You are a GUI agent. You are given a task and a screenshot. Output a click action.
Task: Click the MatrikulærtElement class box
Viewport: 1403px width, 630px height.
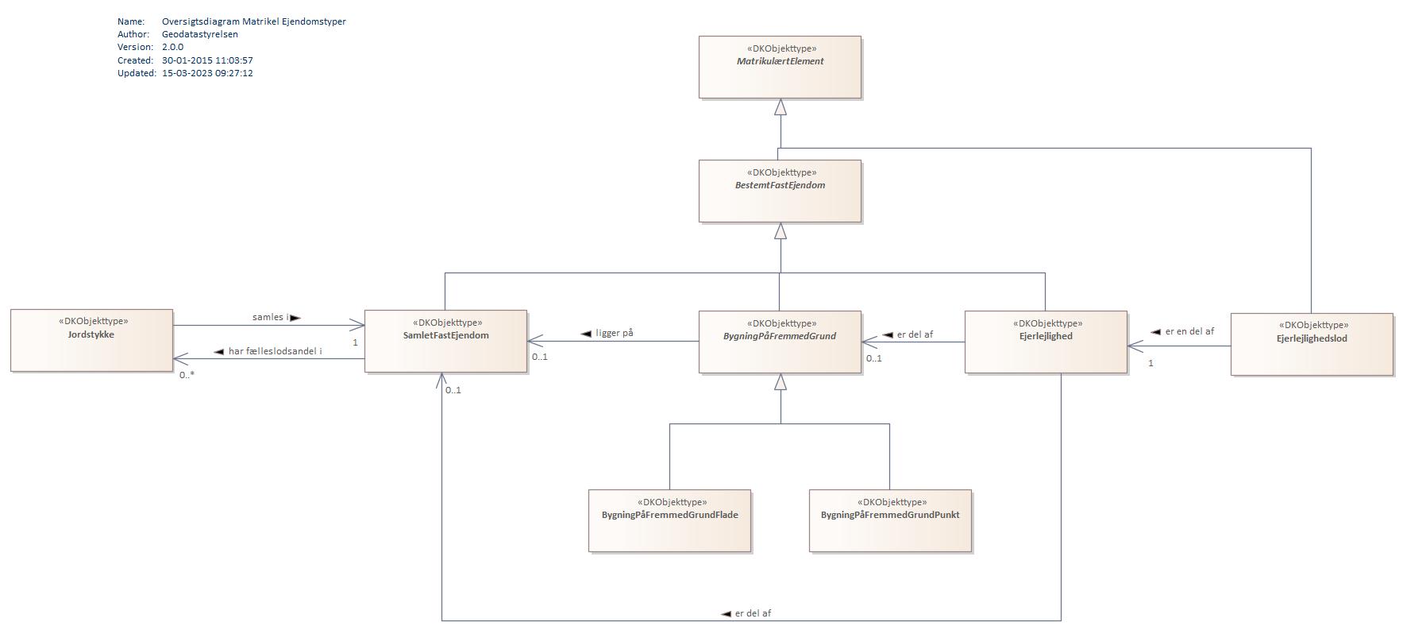click(779, 68)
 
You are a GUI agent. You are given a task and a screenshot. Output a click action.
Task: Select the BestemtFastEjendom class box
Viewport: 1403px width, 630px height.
click(779, 191)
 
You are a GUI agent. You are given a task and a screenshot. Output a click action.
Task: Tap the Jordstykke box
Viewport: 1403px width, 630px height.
click(91, 341)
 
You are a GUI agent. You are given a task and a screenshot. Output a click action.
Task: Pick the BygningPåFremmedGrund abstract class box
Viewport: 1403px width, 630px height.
click(779, 342)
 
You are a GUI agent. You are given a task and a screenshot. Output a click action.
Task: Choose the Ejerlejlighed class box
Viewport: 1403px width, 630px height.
click(1045, 342)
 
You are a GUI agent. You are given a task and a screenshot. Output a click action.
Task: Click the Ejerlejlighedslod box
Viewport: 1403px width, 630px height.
click(1311, 345)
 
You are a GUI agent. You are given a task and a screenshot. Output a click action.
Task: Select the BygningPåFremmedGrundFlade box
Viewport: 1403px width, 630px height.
click(669, 521)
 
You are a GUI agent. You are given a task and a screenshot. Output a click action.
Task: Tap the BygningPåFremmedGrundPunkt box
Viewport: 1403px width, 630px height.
click(889, 521)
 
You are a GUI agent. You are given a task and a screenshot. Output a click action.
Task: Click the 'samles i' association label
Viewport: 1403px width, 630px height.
click(271, 317)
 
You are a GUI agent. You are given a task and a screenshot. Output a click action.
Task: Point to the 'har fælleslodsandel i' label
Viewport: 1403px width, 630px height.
click(275, 351)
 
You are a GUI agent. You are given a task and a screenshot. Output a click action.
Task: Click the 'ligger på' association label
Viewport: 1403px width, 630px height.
click(614, 333)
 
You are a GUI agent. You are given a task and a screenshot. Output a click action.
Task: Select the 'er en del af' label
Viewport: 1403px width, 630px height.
click(1189, 331)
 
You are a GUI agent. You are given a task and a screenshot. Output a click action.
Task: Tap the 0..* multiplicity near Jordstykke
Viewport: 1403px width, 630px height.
click(187, 374)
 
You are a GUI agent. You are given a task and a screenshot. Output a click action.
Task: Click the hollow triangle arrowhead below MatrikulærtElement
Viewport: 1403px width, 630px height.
click(781, 107)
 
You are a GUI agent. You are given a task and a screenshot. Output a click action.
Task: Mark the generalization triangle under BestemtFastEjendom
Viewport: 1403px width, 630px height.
click(781, 231)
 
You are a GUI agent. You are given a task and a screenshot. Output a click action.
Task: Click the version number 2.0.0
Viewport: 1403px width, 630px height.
click(172, 47)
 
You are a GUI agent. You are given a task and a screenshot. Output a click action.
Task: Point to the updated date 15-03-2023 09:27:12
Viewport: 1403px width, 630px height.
click(207, 73)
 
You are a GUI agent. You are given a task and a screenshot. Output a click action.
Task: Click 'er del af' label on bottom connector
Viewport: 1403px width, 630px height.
click(752, 613)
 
